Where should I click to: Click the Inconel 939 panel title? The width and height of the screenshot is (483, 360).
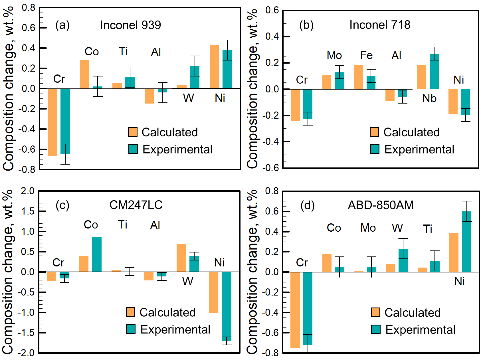click(x=130, y=25)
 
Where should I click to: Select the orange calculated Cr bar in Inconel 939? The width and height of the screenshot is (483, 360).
click(x=52, y=122)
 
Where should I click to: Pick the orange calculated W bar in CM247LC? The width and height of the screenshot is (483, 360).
click(x=181, y=258)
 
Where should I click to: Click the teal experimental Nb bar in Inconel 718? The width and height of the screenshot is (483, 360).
click(x=434, y=71)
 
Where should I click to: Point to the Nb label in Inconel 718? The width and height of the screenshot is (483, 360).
click(x=429, y=98)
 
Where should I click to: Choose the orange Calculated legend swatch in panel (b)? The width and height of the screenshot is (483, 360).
click(x=374, y=132)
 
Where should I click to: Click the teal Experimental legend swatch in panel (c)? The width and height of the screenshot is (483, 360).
click(x=131, y=329)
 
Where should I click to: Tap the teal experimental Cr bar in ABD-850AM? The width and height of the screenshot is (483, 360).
click(x=308, y=308)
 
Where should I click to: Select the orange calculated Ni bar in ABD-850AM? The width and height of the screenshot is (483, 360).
click(x=454, y=253)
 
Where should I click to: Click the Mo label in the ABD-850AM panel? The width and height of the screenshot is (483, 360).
click(x=368, y=228)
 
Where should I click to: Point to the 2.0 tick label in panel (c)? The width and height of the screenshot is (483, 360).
click(x=27, y=191)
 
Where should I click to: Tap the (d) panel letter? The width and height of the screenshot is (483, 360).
click(x=307, y=205)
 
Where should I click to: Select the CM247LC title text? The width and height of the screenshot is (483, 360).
click(x=136, y=205)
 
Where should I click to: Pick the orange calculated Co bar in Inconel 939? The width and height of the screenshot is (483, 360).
click(x=84, y=74)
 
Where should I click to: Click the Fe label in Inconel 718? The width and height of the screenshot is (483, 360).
click(x=366, y=55)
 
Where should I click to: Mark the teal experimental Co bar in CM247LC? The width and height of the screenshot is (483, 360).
click(x=97, y=254)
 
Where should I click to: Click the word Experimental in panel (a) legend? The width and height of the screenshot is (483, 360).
click(x=177, y=149)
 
